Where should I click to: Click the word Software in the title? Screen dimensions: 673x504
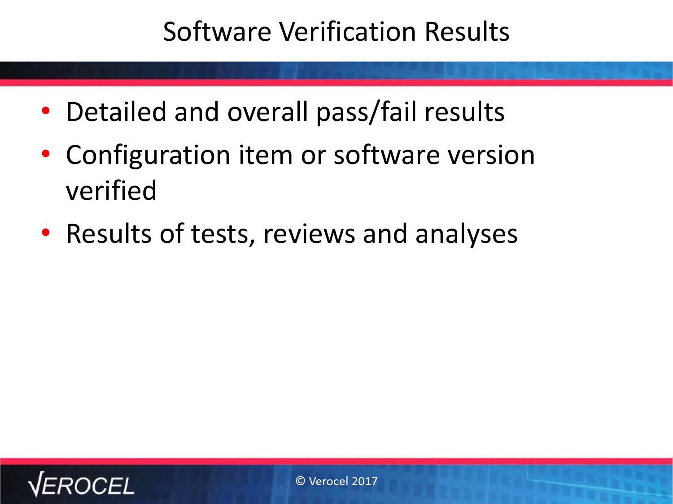[217, 31]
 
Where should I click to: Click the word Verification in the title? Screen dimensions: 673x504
[347, 31]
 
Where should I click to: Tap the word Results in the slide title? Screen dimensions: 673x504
[467, 31]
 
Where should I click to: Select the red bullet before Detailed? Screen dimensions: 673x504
[46, 111]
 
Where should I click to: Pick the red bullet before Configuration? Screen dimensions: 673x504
[46, 154]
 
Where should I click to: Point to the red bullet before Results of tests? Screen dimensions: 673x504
[46, 233]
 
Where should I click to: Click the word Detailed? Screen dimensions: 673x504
[116, 112]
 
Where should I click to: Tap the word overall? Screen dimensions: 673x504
[267, 112]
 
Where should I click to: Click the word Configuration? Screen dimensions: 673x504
[148, 156]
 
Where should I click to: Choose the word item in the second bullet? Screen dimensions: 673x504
[266, 155]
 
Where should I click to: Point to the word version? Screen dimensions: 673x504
[491, 155]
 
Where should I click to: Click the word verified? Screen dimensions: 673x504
[111, 190]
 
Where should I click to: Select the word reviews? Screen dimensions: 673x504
[309, 234]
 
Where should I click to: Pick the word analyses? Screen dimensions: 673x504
[466, 235]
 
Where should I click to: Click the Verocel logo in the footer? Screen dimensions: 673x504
[81, 484]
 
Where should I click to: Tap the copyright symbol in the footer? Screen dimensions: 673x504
[300, 481]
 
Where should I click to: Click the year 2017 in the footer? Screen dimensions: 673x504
[365, 481]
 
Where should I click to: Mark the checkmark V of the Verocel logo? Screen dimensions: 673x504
[36, 484]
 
